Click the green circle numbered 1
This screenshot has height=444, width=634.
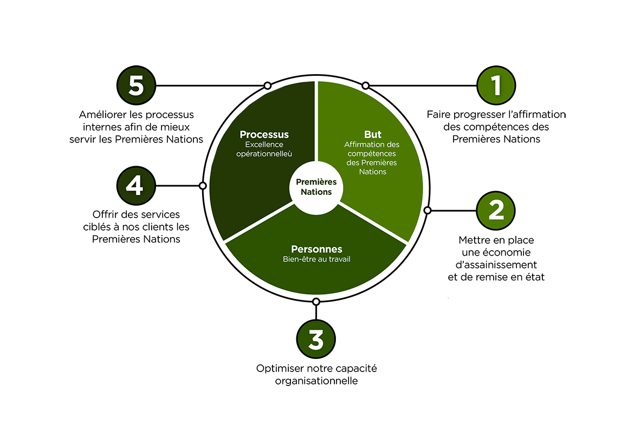tap(496, 85)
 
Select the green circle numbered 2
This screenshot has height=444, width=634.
tap(496, 210)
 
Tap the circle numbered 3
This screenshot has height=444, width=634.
tap(316, 340)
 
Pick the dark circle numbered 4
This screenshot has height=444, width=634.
tap(135, 186)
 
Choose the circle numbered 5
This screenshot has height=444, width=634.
tap(136, 86)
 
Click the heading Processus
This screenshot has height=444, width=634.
tap(264, 134)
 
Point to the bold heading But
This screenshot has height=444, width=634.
tap(373, 134)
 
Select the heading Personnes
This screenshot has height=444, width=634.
tap(316, 249)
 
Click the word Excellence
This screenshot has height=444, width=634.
tap(264, 145)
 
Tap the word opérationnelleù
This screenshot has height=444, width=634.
tap(264, 154)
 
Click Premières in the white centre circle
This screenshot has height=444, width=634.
tap(316, 182)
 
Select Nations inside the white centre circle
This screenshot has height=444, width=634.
tap(316, 192)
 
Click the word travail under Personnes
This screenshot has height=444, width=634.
tap(338, 259)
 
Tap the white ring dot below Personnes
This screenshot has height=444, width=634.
tap(316, 301)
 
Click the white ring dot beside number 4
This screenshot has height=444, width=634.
tap(203, 186)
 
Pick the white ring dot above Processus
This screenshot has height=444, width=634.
tap(267, 86)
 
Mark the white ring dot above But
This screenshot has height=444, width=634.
tap(366, 86)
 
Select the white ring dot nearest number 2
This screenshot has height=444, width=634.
tap(427, 210)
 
